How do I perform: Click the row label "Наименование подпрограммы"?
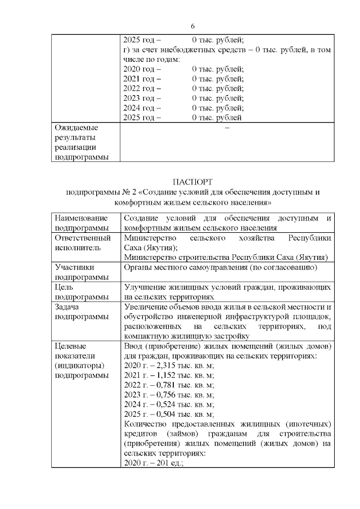click(80, 223)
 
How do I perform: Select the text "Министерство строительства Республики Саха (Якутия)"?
click(226, 258)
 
